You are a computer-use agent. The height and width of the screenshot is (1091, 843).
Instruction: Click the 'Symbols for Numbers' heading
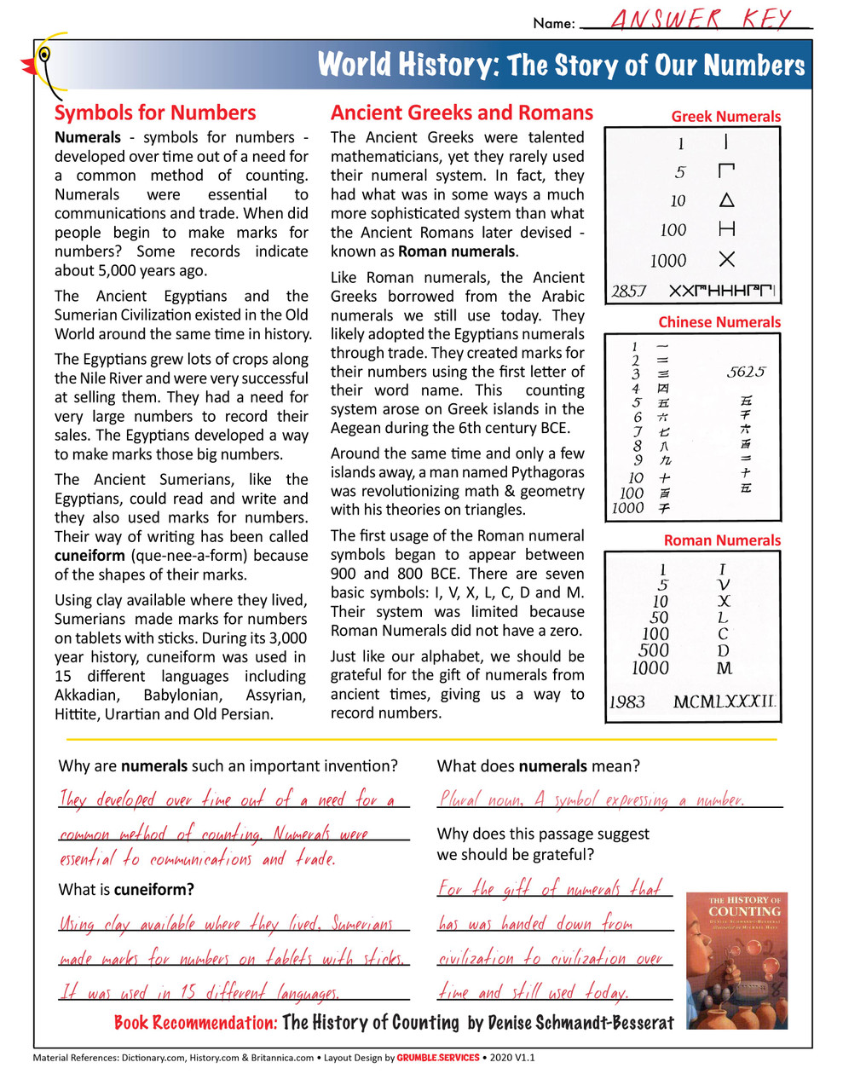coord(154,113)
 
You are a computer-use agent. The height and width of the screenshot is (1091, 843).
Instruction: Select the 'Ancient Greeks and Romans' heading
coord(461,113)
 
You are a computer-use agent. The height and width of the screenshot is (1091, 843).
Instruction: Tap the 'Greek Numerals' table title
coord(725,117)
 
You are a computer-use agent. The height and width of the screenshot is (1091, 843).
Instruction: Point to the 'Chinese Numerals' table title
coord(719,322)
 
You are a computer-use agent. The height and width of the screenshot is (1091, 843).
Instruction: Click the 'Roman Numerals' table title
coord(722,540)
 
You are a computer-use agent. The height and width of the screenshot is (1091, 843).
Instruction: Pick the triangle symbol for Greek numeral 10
coord(726,200)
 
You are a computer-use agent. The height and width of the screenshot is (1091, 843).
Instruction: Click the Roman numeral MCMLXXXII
coord(725,702)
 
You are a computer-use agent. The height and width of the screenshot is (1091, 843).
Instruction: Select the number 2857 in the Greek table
coord(629,292)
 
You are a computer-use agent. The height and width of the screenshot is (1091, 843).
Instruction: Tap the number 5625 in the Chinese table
coord(746,372)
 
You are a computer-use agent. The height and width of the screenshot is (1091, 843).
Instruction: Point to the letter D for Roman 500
coord(724,651)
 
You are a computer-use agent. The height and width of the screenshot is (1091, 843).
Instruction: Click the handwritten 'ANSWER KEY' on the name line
coord(701,20)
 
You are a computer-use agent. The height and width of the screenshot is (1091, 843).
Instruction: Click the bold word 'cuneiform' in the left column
coord(89,556)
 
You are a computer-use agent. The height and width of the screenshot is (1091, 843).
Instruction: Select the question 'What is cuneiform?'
coord(126,890)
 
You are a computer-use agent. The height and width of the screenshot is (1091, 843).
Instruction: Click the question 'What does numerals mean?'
coord(538,766)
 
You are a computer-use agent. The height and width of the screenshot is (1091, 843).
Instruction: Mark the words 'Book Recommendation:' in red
coord(195,1023)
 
